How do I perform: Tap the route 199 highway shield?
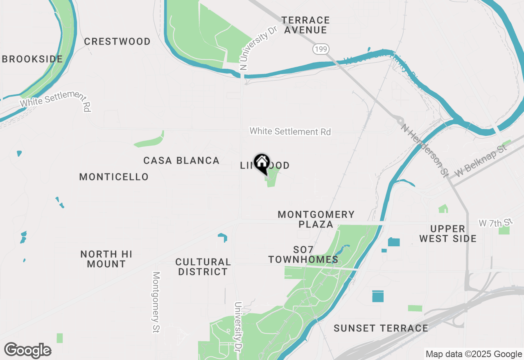coord(321,49)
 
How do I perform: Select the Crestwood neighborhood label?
coord(117,41)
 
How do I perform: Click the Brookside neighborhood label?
coord(32,59)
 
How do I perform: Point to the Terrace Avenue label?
coord(306,25)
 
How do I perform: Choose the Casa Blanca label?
coord(181,160)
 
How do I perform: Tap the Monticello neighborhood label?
coord(114,177)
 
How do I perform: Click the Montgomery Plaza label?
coord(316,219)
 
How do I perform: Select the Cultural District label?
coord(203,267)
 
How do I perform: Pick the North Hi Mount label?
coord(106,259)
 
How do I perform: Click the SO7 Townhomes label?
coord(303,254)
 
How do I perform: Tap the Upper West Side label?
coord(447,234)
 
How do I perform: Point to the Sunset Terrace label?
coord(381,328)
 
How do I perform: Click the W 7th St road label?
coord(495,223)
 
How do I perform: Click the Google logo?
coord(27,351)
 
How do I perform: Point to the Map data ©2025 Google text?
coord(474,354)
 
